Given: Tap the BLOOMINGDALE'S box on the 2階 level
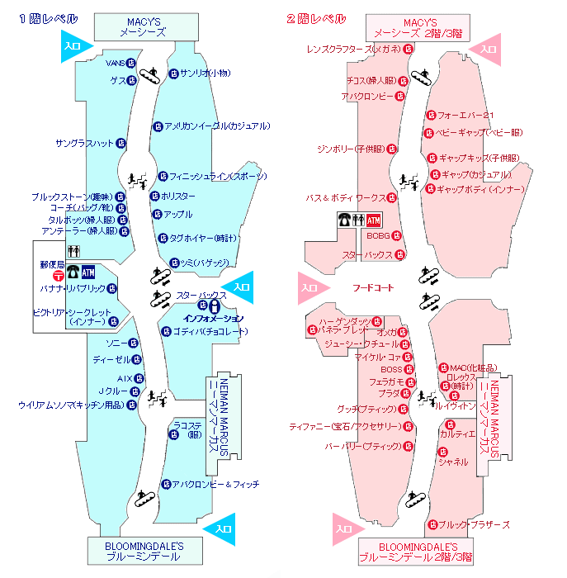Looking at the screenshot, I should [x=416, y=552].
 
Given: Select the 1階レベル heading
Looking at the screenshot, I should [x=49, y=19].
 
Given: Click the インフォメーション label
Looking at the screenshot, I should [x=213, y=317].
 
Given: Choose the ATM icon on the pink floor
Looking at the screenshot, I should [x=374, y=220].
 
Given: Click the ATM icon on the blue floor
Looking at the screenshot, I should [x=88, y=272].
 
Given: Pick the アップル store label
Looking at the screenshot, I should [x=178, y=215].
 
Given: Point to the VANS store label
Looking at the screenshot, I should [x=115, y=62].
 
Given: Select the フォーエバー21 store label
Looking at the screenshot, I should [x=464, y=116].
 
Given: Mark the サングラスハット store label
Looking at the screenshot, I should [x=84, y=144].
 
